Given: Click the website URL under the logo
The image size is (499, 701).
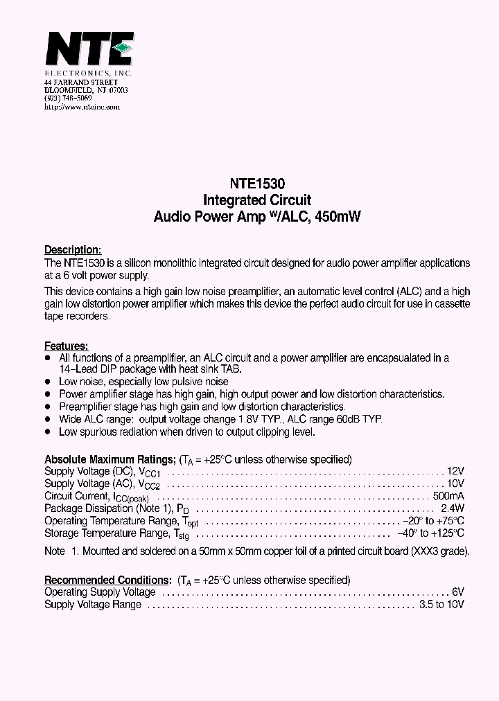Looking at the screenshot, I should pos(82,107).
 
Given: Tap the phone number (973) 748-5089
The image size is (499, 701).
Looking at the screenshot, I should pos(67,99).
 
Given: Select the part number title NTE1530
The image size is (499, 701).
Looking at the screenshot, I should pos(257,185).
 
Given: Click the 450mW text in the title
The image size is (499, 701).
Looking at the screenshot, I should pos(338,216).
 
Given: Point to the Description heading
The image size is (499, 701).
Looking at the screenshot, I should pos(73,250).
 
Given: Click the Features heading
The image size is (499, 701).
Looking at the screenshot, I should pos(66,346).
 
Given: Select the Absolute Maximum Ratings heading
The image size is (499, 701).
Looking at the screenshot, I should pos(110,459).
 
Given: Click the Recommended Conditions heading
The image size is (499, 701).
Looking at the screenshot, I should pos(107,580).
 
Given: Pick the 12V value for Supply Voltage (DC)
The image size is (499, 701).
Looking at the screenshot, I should pos(455,471).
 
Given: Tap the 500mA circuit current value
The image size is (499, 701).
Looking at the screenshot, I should pos(448,496).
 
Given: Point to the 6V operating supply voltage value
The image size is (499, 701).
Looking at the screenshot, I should pos(457,592).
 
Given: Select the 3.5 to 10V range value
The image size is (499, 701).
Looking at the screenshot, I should pos(441,604).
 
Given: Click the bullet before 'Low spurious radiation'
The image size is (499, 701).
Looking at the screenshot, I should pos(48,432).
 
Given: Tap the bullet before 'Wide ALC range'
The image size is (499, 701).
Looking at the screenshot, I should pos(48,420).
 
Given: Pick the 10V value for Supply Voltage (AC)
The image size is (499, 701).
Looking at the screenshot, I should pos(455,483).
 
